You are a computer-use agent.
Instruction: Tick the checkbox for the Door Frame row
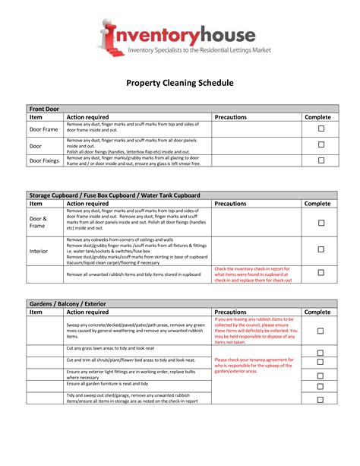(x=321, y=129)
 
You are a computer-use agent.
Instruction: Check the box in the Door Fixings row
(x=321, y=160)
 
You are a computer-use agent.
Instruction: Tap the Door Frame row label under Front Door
(x=43, y=129)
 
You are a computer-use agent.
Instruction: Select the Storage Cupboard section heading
(x=114, y=195)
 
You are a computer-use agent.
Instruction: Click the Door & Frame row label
(x=38, y=221)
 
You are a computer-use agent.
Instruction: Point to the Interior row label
(x=38, y=250)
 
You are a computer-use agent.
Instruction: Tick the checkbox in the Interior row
(x=321, y=250)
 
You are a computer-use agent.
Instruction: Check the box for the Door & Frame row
(x=321, y=222)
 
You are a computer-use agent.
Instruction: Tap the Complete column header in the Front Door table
(x=317, y=117)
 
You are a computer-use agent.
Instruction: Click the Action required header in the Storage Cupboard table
(x=87, y=204)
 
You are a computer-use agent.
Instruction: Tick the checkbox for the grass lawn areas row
(x=321, y=353)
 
